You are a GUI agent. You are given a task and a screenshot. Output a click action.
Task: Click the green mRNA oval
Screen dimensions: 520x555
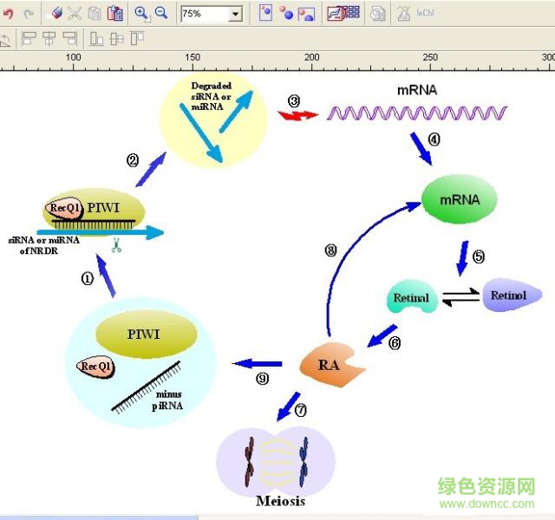coord(460,200)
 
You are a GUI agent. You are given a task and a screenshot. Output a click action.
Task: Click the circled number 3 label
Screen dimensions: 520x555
coord(294,101)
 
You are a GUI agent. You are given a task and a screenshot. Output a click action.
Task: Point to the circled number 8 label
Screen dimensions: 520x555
coord(330,250)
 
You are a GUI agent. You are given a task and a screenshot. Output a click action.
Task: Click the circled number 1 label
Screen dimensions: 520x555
coord(87,278)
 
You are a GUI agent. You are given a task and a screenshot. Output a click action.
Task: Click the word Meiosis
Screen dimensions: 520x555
coord(280,500)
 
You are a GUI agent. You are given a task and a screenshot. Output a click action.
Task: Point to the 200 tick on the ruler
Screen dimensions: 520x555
coord(311,57)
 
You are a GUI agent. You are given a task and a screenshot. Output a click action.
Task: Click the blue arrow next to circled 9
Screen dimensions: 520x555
coord(260,363)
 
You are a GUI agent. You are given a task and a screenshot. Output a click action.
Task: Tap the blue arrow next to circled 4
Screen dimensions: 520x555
coord(421,149)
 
